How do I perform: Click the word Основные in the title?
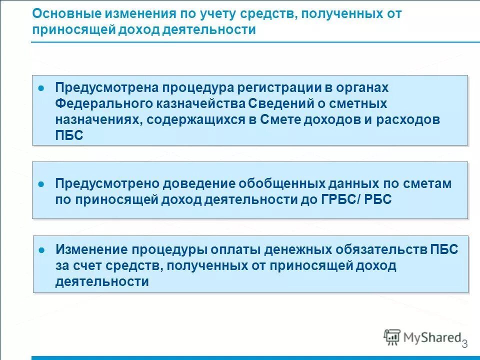pos(61,13)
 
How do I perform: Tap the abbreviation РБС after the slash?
pos(378,199)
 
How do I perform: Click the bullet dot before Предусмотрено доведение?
pos(42,184)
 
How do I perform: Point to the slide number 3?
pos(464,344)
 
